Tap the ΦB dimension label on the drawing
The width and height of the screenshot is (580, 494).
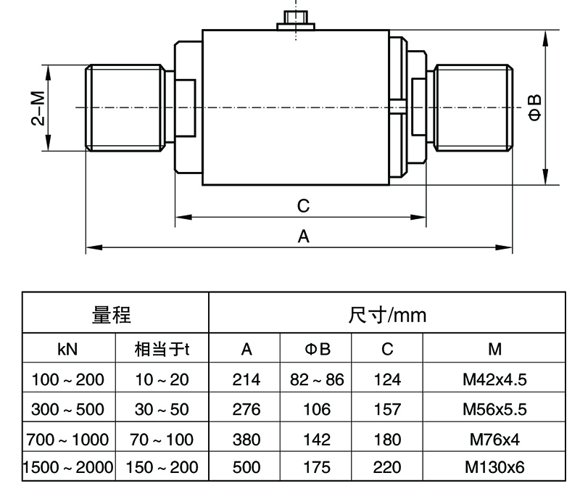click(x=534, y=107)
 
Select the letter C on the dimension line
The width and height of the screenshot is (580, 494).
click(x=304, y=205)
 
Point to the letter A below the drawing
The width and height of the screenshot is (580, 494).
click(x=303, y=236)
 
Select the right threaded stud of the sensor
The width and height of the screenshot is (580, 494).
click(x=475, y=107)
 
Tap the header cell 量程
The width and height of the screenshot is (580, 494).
click(x=116, y=315)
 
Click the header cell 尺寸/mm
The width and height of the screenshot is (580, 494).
click(x=388, y=315)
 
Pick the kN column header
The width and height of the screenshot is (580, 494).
click(x=68, y=350)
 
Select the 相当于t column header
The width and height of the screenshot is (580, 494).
click(x=162, y=350)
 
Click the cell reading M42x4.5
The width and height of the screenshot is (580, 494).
click(x=494, y=379)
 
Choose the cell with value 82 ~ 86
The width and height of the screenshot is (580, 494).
click(x=316, y=379)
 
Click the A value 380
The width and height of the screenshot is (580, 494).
click(x=246, y=439)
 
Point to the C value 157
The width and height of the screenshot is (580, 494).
click(x=387, y=408)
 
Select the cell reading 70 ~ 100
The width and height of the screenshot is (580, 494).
click(x=162, y=439)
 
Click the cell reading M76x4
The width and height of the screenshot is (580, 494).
click(x=494, y=439)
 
